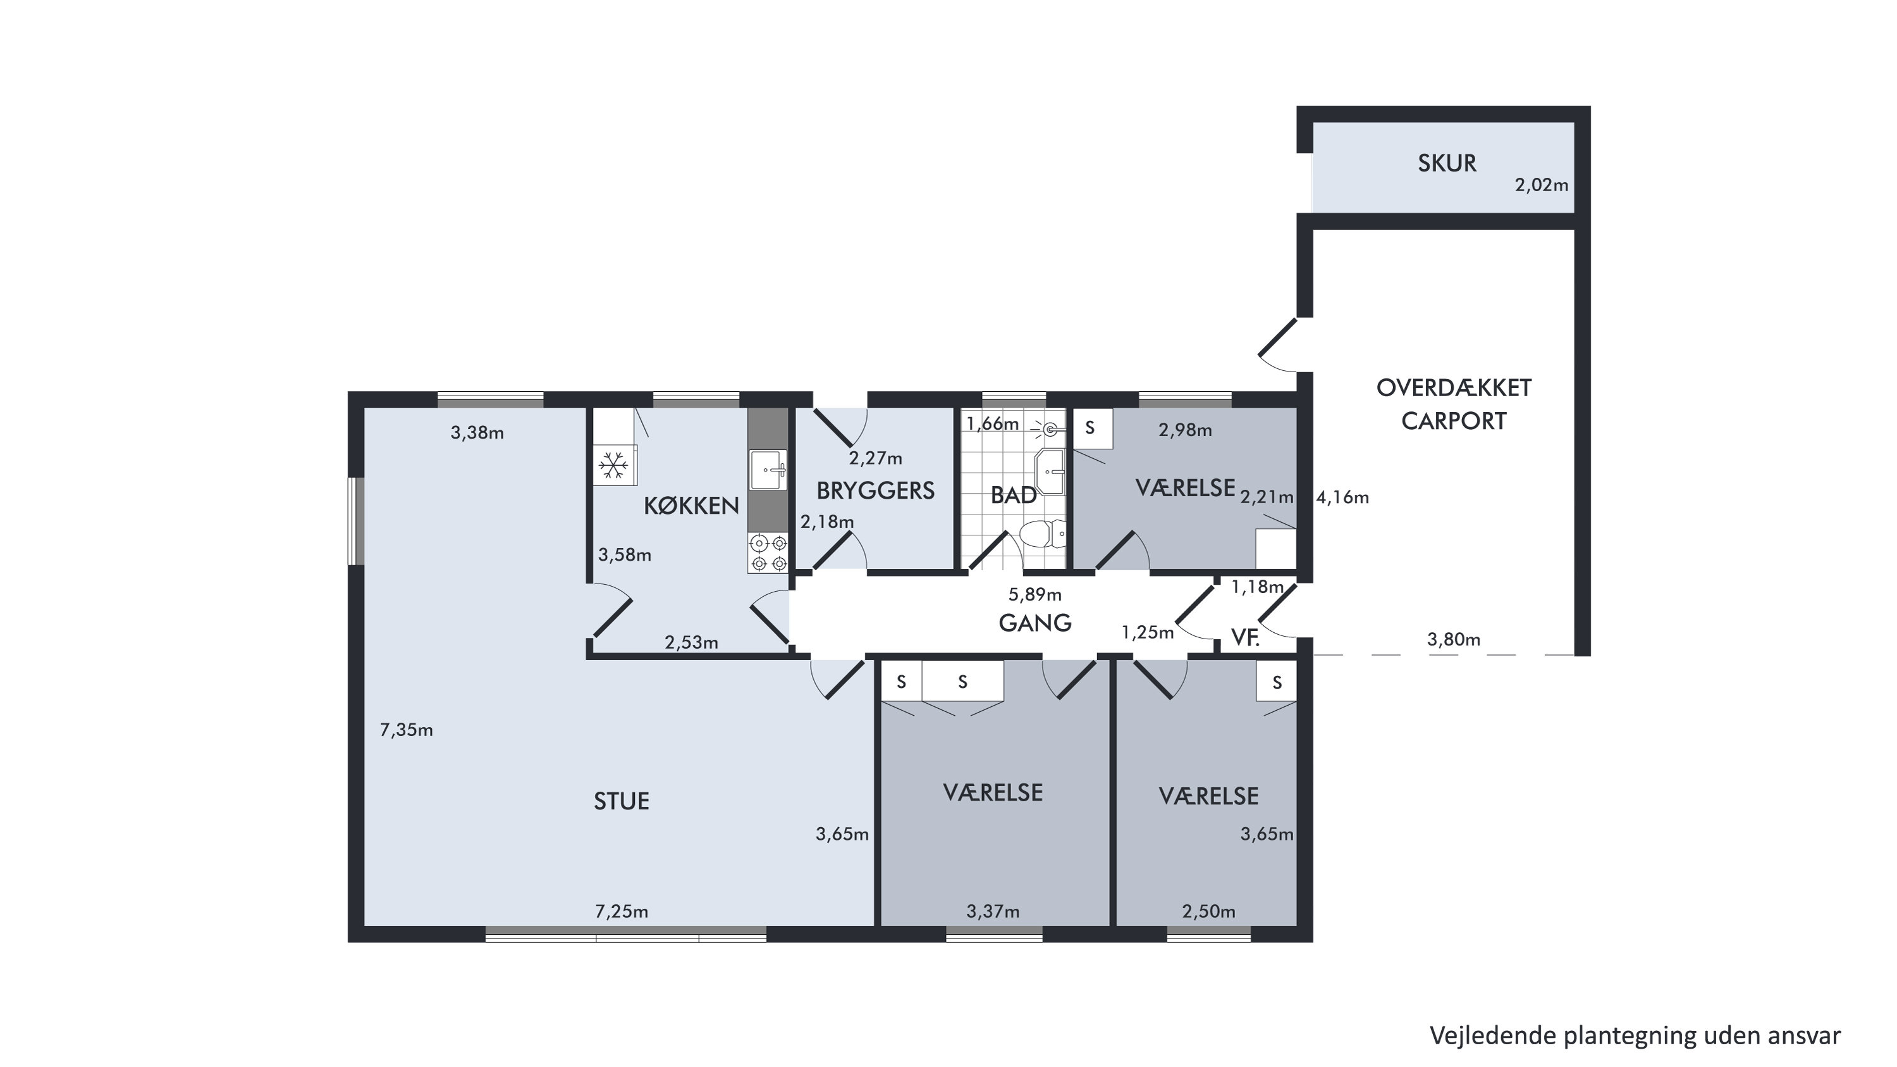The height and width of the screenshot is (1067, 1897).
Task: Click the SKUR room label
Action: [1447, 163]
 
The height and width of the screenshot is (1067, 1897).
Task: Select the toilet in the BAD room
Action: [1042, 533]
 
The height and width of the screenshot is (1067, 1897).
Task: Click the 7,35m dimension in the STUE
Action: [407, 730]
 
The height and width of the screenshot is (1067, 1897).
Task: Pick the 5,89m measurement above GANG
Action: [1034, 594]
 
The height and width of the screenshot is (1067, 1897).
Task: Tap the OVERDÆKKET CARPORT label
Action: [1454, 404]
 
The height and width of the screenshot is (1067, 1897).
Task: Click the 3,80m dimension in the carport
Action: [1454, 640]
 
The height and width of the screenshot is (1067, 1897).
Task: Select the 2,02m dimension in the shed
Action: [1542, 185]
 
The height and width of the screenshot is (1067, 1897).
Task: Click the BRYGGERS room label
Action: [875, 490]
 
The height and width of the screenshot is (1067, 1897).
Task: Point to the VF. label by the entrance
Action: [1245, 638]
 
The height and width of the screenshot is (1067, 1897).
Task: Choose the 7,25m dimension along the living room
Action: [622, 911]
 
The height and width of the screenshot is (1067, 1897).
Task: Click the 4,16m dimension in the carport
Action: [1342, 497]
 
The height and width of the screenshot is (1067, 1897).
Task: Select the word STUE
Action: [622, 802]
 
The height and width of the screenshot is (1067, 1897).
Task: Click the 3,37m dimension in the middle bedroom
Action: [993, 911]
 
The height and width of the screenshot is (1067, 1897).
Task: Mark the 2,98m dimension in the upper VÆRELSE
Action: [1185, 430]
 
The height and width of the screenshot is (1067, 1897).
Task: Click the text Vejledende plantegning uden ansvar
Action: [1635, 1035]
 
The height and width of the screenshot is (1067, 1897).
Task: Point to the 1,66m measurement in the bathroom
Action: [993, 424]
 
